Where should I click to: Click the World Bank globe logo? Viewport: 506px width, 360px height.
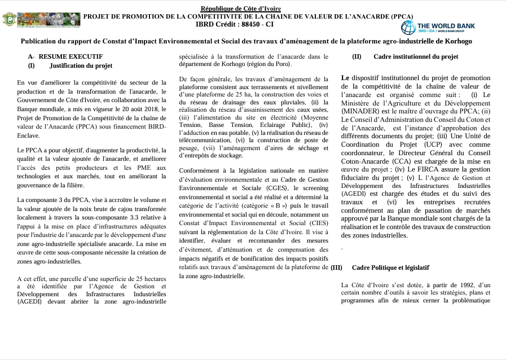pos(408,27)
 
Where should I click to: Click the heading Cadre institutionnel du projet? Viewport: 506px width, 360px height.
pos(416,56)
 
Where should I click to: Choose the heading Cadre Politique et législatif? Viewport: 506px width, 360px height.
pos(390,267)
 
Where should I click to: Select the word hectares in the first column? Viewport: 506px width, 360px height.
pos(153,279)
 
